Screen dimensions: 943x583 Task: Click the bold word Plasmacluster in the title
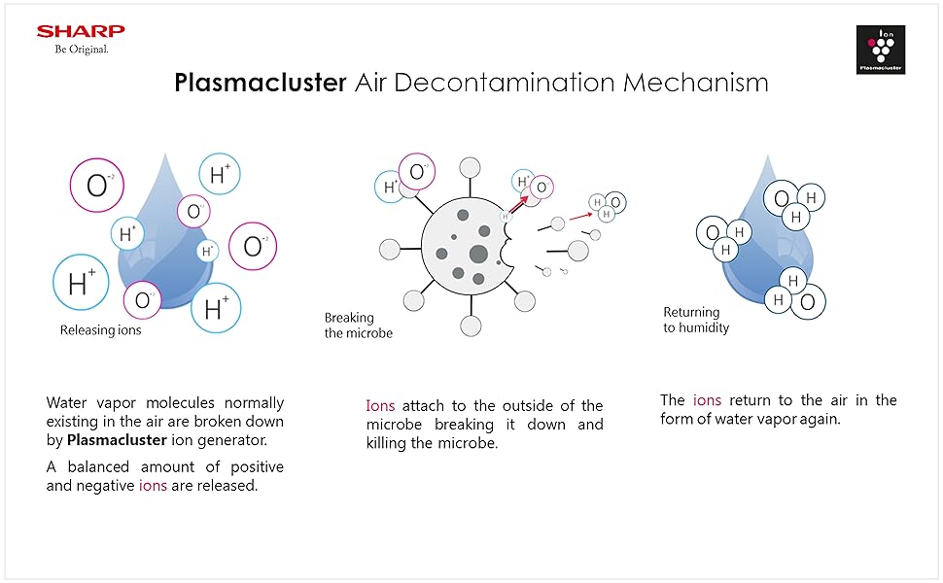tap(261, 83)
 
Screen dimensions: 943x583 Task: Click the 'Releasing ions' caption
tap(101, 330)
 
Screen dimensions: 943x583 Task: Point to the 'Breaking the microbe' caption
tap(359, 326)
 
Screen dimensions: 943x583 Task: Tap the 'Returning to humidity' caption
tap(696, 320)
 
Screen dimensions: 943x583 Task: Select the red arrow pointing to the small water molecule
tap(582, 214)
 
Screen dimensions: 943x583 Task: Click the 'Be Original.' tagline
tap(82, 50)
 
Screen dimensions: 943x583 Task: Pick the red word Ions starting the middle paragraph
tap(380, 406)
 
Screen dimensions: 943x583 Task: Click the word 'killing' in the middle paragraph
tap(389, 443)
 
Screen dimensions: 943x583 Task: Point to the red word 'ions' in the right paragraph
tap(707, 400)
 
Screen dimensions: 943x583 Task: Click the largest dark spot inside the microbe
tap(478, 255)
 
